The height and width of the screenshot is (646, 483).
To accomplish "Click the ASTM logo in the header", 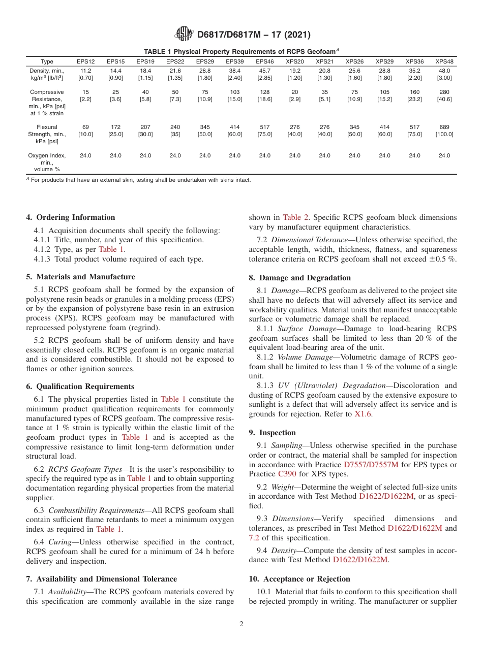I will (184, 34).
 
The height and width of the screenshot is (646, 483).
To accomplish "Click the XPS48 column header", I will (444, 61).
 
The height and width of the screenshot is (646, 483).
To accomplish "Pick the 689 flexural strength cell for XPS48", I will (444, 127).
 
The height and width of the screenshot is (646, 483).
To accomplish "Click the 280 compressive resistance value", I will (444, 92).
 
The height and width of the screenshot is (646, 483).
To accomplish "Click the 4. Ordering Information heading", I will (71, 217).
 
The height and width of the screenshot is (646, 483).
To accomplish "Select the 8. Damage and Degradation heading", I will (299, 278).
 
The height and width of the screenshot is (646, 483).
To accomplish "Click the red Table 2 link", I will (295, 217).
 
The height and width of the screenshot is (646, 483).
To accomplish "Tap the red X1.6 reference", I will (363, 414).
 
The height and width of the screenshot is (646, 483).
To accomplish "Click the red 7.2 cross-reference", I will (254, 537).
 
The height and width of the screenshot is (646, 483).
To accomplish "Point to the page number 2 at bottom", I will (242, 624).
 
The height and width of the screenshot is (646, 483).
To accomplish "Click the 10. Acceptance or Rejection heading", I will (299, 579).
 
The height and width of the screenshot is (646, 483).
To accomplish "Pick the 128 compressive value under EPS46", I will (264, 92).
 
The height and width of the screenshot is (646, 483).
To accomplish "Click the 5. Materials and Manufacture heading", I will (80, 277).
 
